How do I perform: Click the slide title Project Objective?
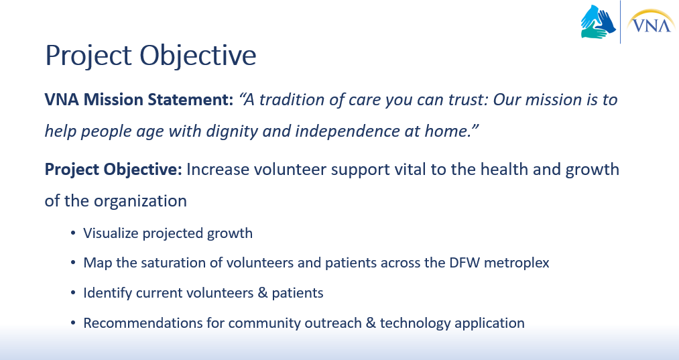pyautogui.click(x=151, y=56)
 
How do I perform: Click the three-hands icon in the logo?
pyautogui.click(x=599, y=21)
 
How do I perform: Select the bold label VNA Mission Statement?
pyautogui.click(x=139, y=100)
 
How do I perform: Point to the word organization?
pyautogui.click(x=140, y=201)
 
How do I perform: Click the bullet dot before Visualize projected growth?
pyautogui.click(x=73, y=233)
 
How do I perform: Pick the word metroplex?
pyautogui.click(x=517, y=263)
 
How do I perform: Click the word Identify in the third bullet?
pyautogui.click(x=108, y=293)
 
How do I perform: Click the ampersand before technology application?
pyautogui.click(x=370, y=323)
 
